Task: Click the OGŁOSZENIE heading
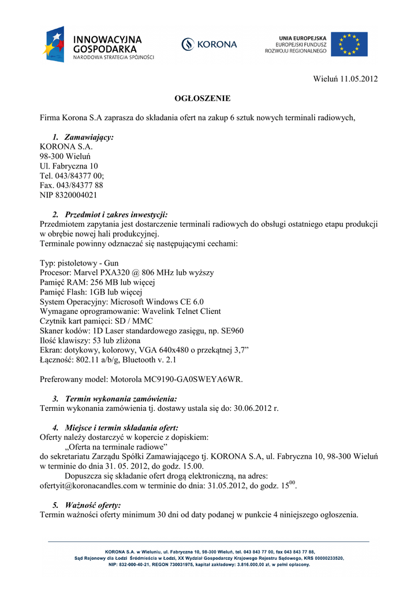coord(202,99)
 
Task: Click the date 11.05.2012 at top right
coord(359,78)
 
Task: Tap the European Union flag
coord(349,44)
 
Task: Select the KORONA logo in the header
coord(209,44)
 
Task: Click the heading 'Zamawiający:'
coord(89,137)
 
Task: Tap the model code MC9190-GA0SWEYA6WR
coord(195,379)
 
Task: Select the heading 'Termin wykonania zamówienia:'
coord(121,399)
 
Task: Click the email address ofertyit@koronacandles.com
coord(89,486)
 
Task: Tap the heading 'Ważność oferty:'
coord(93,506)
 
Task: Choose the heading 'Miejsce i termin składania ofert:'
coord(121,428)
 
